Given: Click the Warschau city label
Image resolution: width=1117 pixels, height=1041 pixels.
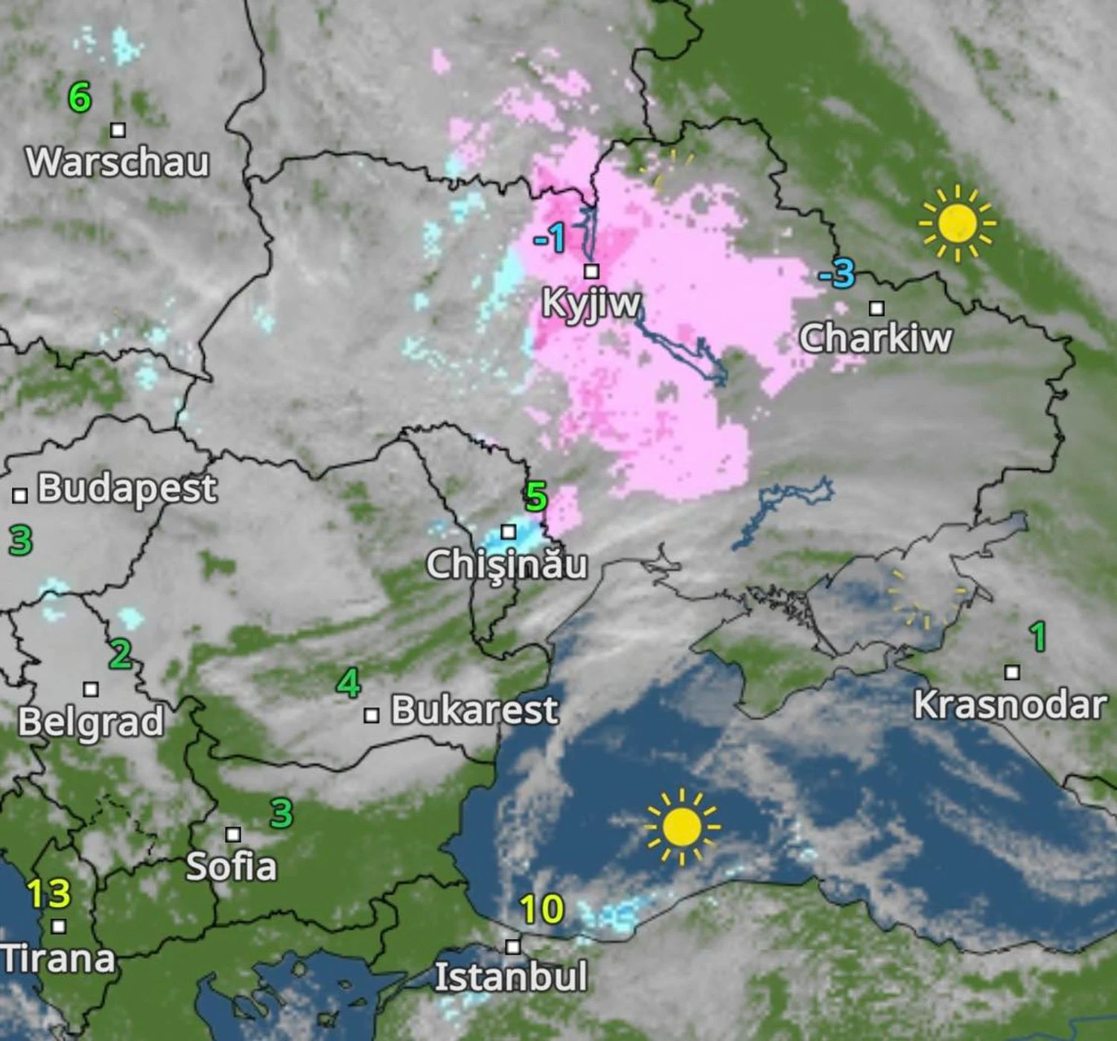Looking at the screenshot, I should [118, 162].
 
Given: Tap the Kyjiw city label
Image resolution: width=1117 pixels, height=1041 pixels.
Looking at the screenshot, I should [591, 303].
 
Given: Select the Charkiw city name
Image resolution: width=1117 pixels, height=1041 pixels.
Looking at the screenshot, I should [876, 339].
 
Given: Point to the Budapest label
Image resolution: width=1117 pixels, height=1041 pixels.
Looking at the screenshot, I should [127, 489].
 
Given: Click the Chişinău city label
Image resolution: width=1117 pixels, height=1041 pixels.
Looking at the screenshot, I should [507, 564].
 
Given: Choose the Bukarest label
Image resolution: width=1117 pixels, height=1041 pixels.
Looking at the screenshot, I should [474, 710].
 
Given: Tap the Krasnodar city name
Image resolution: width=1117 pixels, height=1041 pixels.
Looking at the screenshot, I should [1010, 704].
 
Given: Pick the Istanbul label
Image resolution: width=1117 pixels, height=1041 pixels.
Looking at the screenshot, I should [511, 976].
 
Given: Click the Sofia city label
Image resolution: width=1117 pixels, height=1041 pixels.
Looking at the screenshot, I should [231, 867].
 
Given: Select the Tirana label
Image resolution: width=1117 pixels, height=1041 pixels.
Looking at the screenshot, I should [58, 958].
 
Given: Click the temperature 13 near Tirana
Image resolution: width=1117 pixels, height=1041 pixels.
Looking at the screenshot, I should [48, 894].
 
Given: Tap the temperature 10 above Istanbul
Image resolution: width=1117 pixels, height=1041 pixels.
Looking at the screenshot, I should [541, 909].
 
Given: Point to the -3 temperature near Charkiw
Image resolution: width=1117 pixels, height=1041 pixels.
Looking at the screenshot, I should [838, 274].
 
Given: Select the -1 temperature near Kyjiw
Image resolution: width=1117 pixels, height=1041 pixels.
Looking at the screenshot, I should [550, 239].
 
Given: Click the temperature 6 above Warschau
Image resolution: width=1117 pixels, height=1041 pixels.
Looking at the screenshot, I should [80, 98].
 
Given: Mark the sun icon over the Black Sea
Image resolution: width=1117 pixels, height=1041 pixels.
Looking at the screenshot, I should [681, 827].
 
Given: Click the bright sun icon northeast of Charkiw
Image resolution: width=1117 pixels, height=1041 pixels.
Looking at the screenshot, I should [958, 223].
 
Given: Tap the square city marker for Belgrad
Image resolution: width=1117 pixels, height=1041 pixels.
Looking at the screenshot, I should [91, 690].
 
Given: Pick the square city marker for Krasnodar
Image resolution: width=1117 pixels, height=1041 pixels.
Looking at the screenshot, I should [1012, 672].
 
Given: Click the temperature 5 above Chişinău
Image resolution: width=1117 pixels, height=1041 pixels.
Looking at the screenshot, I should [536, 497].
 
